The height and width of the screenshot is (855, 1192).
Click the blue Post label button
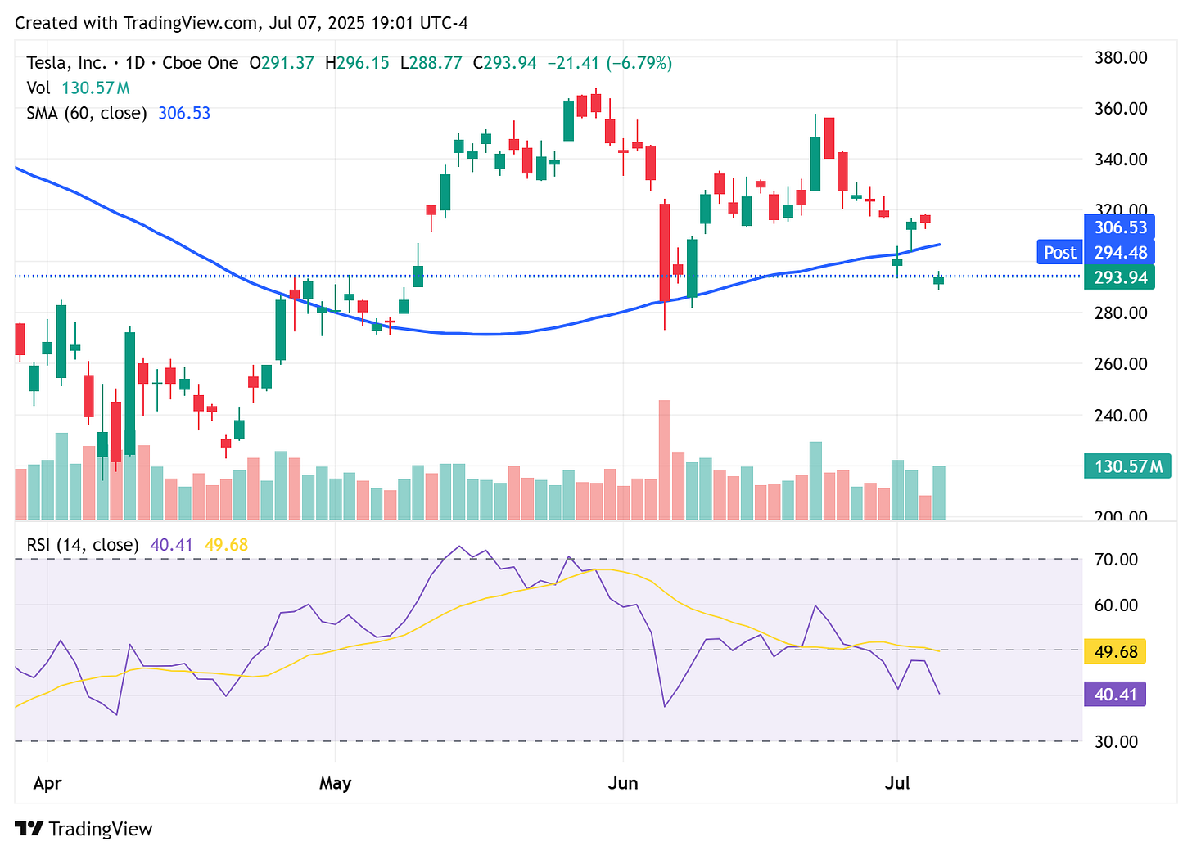coord(1060,253)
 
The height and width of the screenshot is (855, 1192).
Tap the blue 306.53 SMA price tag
coord(1120,227)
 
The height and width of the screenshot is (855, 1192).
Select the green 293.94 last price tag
coord(1120,278)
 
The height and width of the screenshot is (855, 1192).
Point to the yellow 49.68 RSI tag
coord(1115,652)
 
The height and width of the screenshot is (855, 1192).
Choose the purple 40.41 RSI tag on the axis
coord(1115,695)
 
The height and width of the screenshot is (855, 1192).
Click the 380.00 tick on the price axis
coord(1121,58)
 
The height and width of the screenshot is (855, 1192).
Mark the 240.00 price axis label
coord(1121,416)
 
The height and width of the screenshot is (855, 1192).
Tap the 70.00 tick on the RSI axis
coord(1116,560)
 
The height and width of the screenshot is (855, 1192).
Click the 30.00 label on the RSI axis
coord(1116,742)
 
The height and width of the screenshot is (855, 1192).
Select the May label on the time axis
coord(335,783)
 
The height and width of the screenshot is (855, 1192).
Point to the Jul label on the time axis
coord(897,783)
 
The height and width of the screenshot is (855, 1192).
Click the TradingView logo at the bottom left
coord(84,829)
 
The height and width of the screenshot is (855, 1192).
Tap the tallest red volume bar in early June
coord(664,459)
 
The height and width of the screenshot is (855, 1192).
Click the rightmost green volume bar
coord(938,493)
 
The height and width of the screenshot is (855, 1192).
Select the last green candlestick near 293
coord(938,280)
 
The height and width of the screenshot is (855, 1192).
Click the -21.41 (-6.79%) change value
coord(609,63)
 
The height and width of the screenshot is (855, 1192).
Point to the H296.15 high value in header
coord(356,63)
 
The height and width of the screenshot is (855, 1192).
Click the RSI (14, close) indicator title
coord(82,545)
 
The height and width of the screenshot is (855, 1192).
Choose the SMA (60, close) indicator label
coord(86,113)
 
